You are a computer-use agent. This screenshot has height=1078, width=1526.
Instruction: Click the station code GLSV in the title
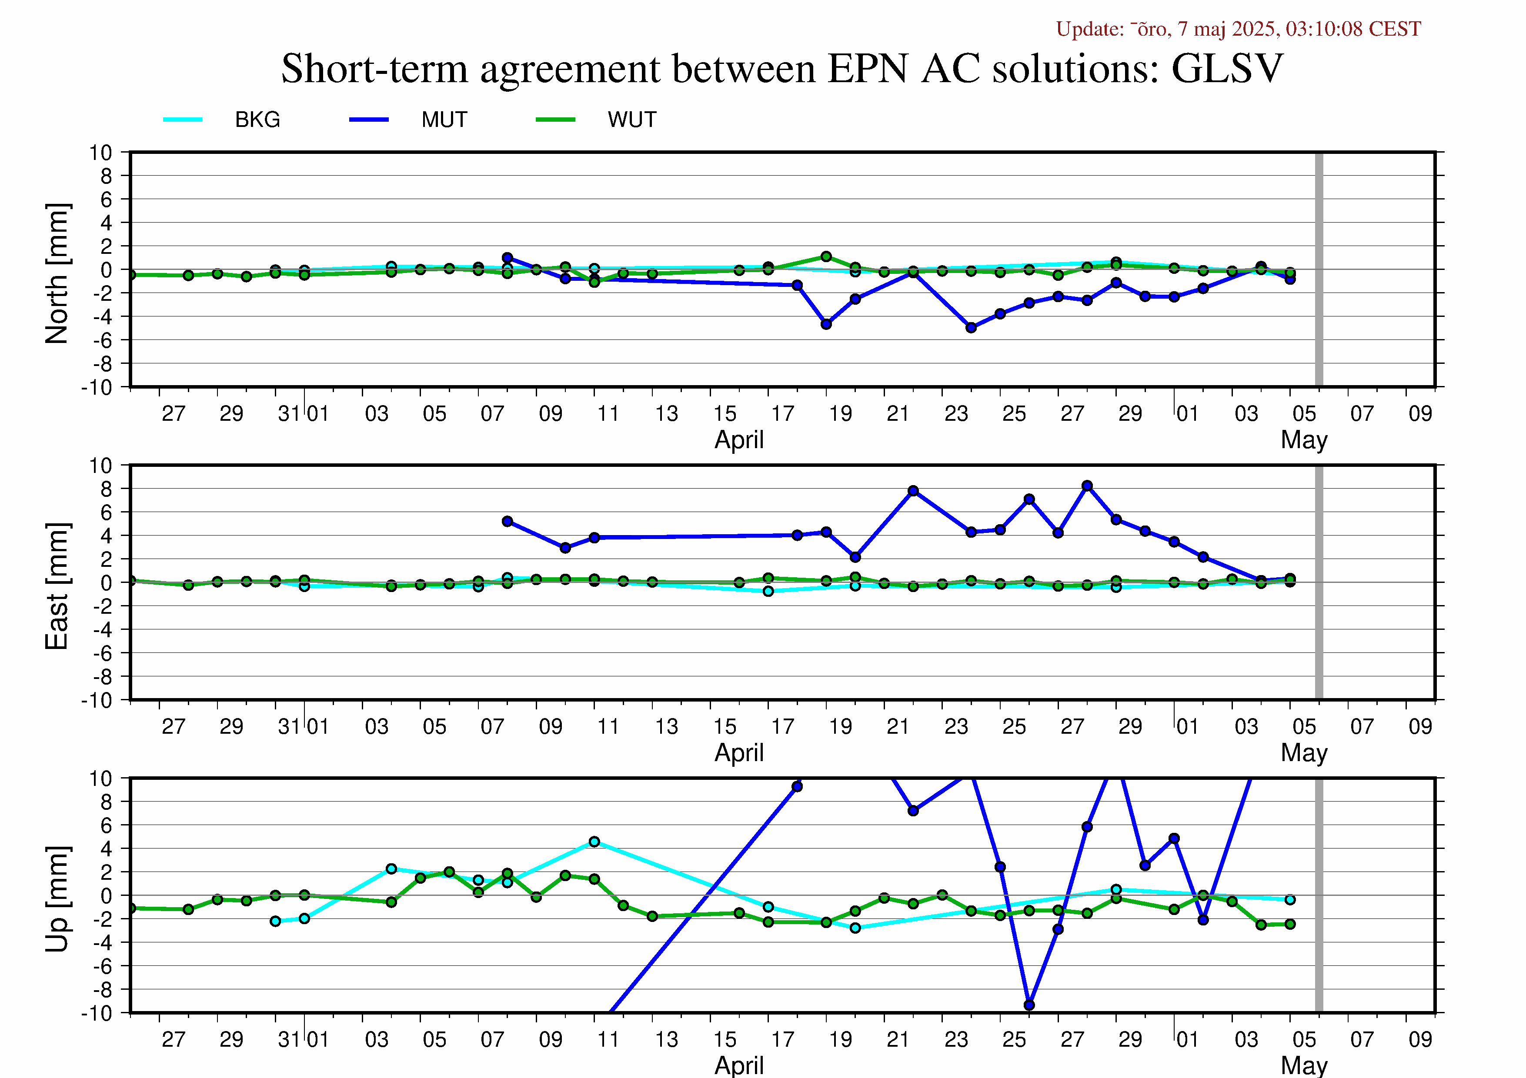pos(1227,68)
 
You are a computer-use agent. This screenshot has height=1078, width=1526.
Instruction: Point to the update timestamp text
pos(1238,29)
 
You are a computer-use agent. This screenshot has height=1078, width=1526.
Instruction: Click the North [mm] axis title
pos(57,274)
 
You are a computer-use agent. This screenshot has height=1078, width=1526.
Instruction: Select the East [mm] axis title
pos(57,586)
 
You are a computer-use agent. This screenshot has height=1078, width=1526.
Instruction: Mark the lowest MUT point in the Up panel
pos(1029,1005)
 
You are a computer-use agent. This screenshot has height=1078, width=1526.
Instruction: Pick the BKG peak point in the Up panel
pos(594,842)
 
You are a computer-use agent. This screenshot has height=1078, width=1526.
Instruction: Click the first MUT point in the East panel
pos(507,522)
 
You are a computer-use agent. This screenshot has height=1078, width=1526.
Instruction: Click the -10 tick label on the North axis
pos(97,387)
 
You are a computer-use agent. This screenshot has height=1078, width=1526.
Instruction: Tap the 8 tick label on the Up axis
pos(107,802)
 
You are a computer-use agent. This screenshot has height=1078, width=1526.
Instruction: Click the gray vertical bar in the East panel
pos(1319,582)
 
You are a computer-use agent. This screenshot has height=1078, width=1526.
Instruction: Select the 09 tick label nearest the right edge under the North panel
pos(1420,414)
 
